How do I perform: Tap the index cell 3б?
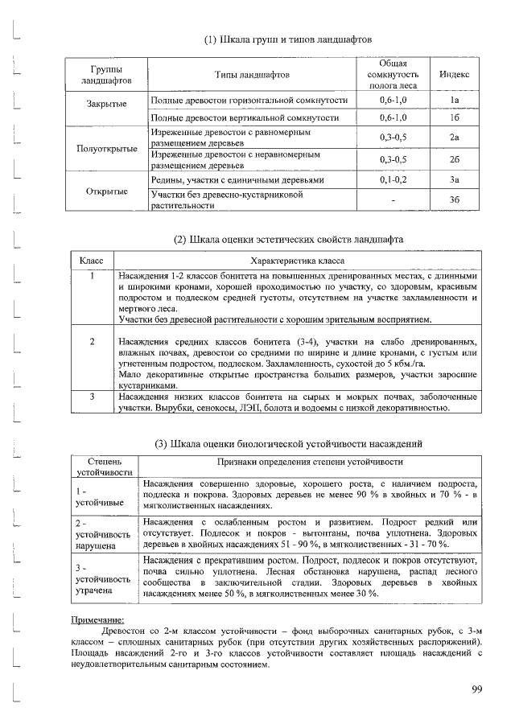[x=455, y=200]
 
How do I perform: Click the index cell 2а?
[x=455, y=138]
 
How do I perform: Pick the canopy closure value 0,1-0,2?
[x=393, y=180]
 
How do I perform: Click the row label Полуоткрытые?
[x=107, y=149]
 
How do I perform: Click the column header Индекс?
[x=455, y=73]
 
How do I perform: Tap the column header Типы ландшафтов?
[x=252, y=74]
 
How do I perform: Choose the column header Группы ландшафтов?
[x=107, y=74]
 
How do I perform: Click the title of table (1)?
[x=286, y=39]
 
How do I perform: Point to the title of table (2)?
[x=289, y=240]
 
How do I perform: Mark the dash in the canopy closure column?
[x=393, y=200]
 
